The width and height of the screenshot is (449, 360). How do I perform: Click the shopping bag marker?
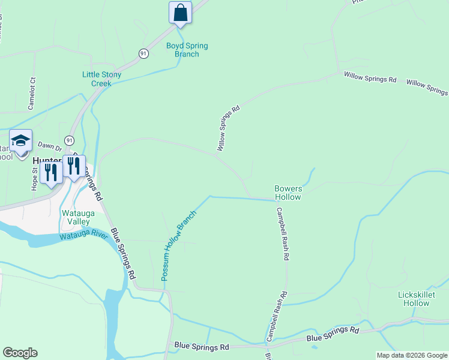point(180,13)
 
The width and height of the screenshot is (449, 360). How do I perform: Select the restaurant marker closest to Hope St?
point(51,173)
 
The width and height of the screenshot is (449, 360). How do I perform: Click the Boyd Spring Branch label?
point(182,50)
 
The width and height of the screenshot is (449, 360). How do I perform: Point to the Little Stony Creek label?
point(101,79)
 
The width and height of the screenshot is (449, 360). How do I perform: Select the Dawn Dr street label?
point(50,145)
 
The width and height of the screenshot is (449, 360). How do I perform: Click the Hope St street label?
point(34,178)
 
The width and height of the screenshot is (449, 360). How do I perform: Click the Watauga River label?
point(83,236)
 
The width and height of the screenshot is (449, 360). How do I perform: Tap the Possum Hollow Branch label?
point(178,246)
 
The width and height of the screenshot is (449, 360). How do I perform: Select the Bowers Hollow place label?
point(288,193)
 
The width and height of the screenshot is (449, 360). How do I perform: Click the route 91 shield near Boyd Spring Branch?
point(143,53)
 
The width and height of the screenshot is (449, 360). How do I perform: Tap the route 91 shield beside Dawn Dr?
point(70,140)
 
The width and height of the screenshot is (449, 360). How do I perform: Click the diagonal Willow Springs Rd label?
point(229,128)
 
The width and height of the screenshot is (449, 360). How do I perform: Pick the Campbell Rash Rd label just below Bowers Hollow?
point(282,234)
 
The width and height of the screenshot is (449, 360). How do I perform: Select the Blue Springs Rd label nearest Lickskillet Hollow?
point(333,335)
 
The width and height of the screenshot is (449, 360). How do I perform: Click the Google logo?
point(20,353)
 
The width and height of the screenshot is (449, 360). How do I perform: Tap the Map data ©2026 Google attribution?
point(412,355)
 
